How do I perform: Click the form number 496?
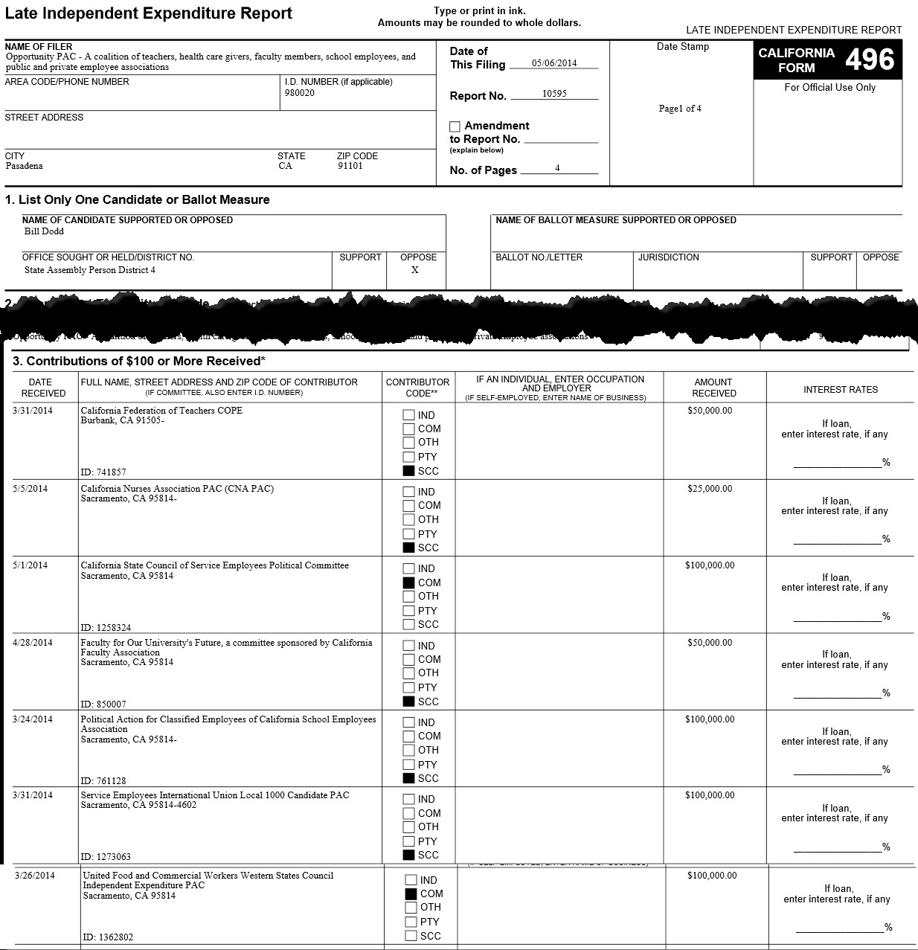[870, 60]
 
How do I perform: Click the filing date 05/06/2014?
[554, 63]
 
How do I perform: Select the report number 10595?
[554, 94]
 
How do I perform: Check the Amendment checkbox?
[455, 126]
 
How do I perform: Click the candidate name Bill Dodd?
[44, 231]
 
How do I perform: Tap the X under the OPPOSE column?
[415, 270]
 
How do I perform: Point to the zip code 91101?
[350, 166]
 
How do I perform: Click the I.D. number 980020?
[299, 93]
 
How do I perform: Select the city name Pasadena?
[24, 166]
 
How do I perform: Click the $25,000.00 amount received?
[710, 489]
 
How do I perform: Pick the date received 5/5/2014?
[30, 489]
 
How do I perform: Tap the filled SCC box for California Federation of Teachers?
[408, 471]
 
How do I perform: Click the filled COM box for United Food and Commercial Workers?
[411, 893]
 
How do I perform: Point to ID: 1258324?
[106, 628]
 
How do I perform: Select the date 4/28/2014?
[33, 643]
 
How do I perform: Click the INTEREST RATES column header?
[841, 390]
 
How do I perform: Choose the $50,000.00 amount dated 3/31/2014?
[710, 411]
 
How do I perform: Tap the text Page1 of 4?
[680, 109]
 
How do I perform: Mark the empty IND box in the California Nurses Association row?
[408, 492]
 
